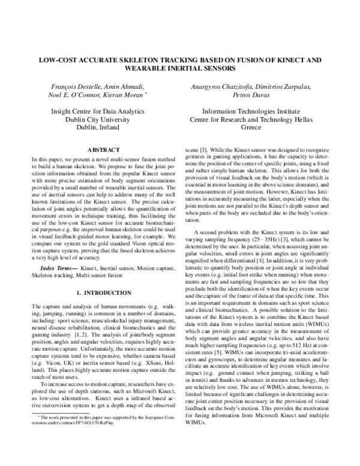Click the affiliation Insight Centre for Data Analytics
[98, 111]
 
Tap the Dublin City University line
[98, 120]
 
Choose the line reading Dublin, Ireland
[98, 128]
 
